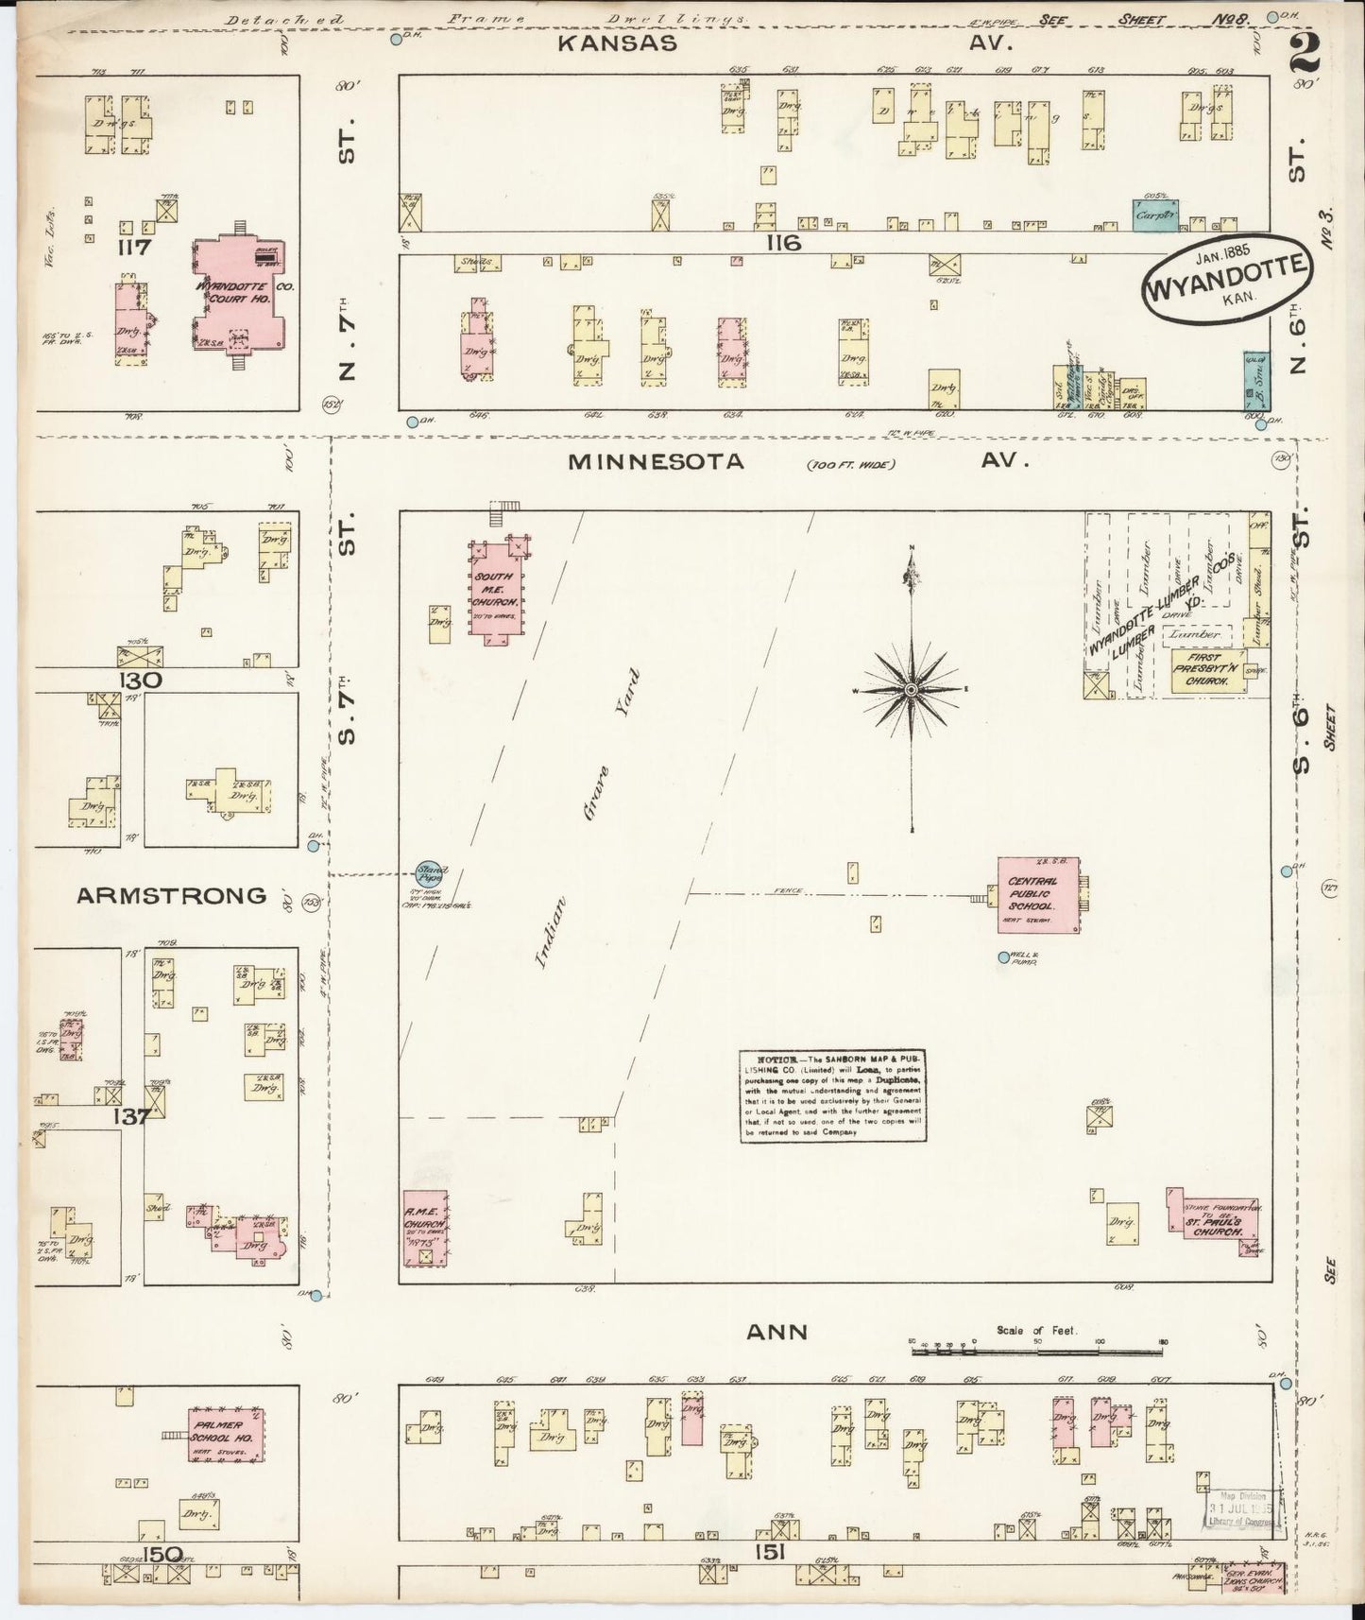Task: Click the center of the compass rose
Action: [x=911, y=692]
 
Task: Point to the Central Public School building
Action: [x=1037, y=892]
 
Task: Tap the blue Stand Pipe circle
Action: [x=433, y=872]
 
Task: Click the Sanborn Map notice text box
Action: [x=832, y=1094]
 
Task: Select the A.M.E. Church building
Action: [x=425, y=1228]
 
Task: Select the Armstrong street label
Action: [x=172, y=895]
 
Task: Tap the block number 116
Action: [x=783, y=244]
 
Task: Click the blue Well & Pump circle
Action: [x=1004, y=957]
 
